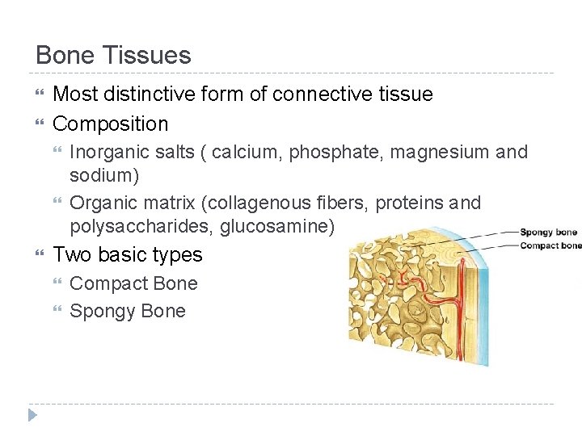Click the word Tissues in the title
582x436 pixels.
(154, 56)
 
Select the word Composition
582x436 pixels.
(111, 124)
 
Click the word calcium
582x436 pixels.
(214, 152)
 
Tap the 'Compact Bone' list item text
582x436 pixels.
(133, 284)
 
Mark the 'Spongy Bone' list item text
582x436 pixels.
(128, 312)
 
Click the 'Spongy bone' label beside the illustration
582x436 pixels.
(548, 233)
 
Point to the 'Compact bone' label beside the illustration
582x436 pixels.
(550, 245)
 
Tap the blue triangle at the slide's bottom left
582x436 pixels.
(32, 415)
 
